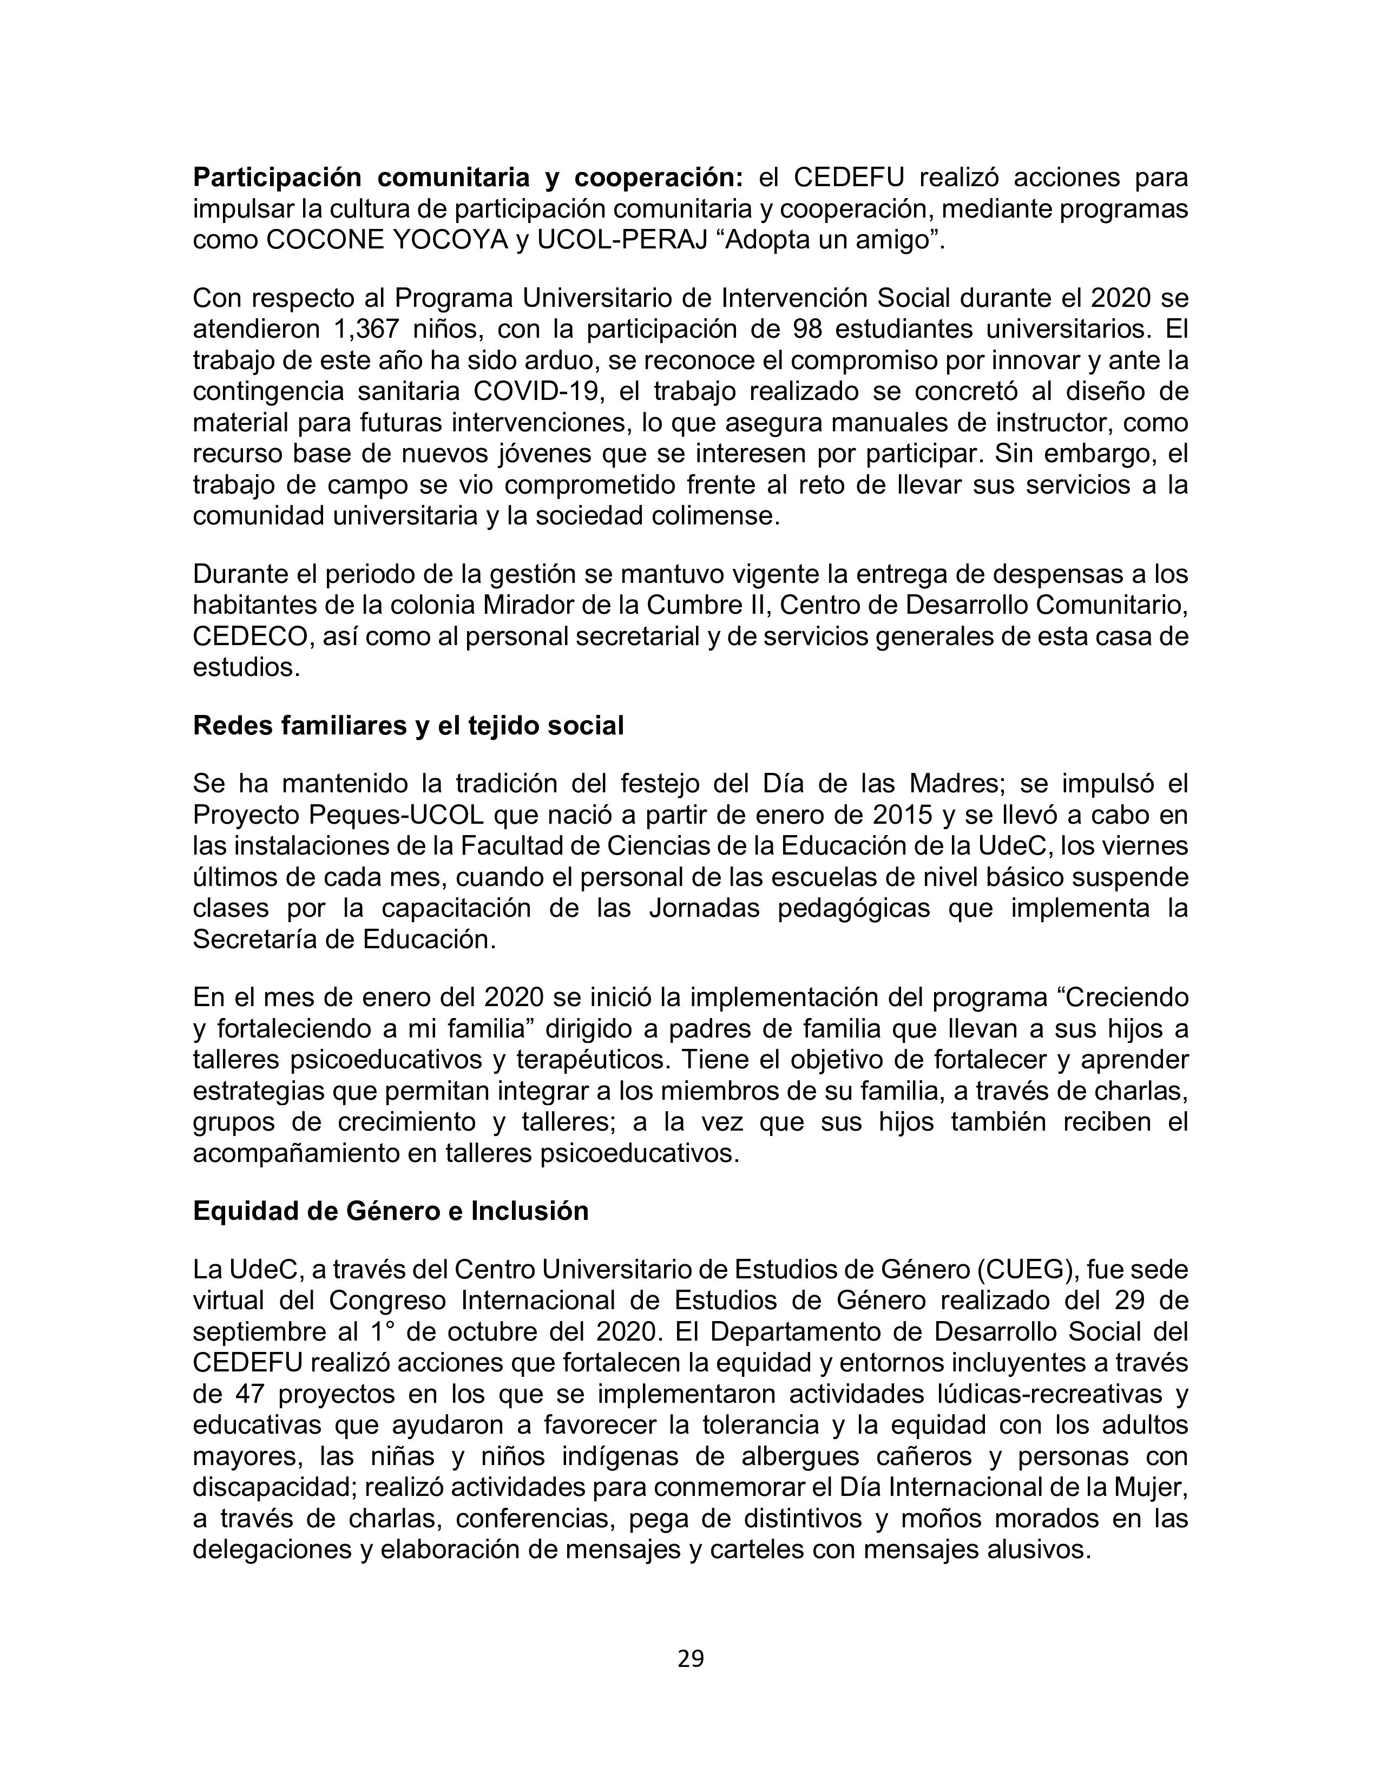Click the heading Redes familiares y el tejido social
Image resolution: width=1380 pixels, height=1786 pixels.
tap(408, 725)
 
